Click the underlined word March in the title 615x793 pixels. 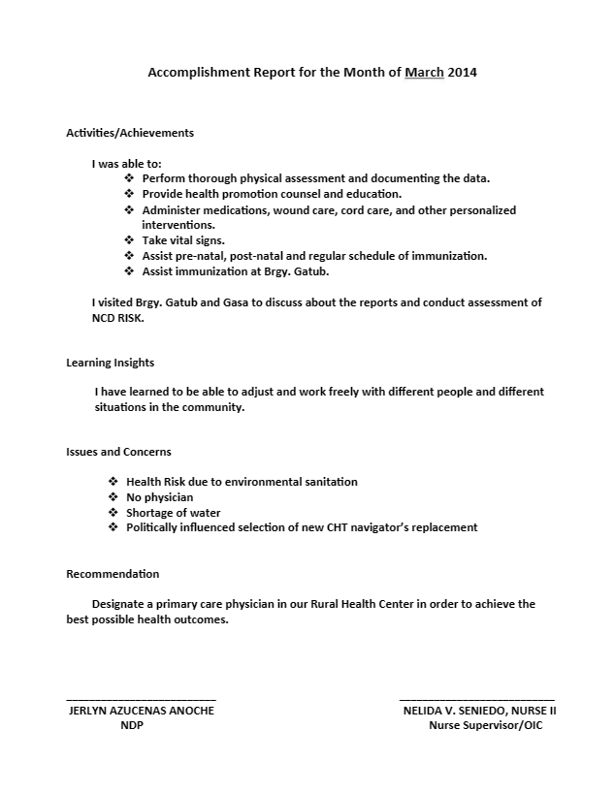coord(424,72)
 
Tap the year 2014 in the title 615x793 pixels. coord(463,72)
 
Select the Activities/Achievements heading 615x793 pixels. coord(130,133)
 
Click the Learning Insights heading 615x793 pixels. coord(110,363)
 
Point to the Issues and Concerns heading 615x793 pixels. coord(118,452)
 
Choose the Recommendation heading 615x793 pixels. coord(113,574)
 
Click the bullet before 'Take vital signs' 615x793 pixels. coord(130,239)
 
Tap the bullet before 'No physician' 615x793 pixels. coord(113,497)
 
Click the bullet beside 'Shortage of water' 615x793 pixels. coord(113,513)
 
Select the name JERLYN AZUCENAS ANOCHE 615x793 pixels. coord(142,711)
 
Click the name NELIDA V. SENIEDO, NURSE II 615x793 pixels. coord(479,711)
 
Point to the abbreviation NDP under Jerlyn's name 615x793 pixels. coord(132,726)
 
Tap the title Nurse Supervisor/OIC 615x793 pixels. coord(486,726)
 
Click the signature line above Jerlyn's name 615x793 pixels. coord(141,698)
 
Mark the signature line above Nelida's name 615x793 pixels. coord(477,698)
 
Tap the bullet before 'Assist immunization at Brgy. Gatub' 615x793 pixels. coord(130,271)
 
